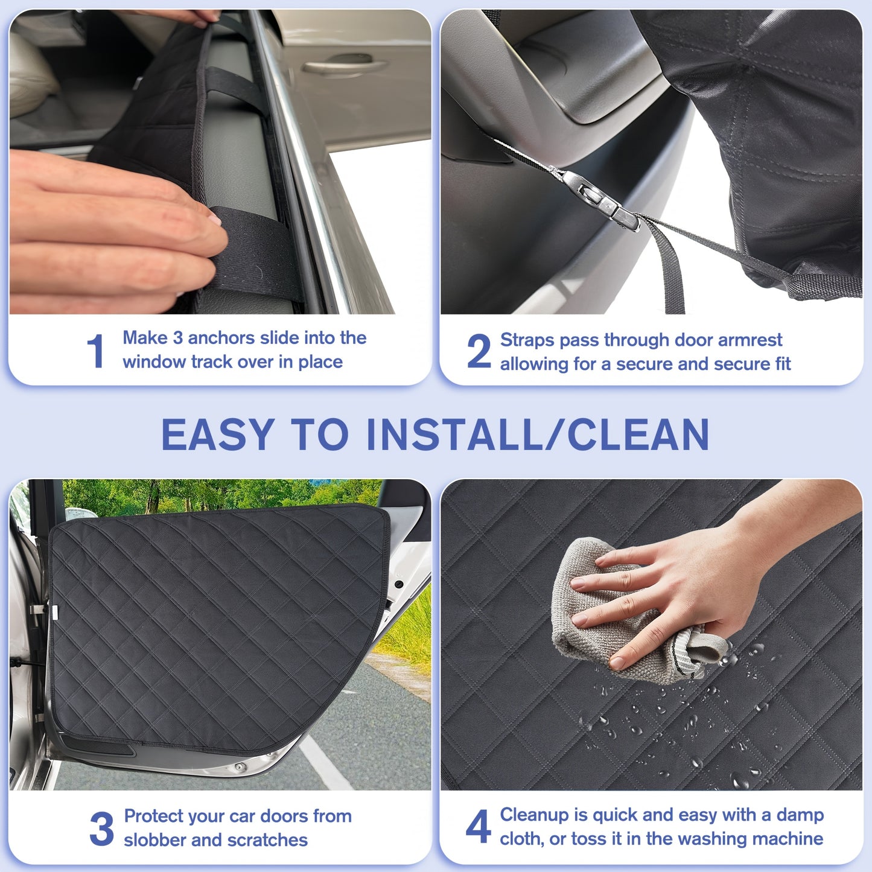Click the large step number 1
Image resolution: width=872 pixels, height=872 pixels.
point(95,351)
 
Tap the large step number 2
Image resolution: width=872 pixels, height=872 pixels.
point(479,351)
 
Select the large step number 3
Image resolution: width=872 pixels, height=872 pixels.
point(101,829)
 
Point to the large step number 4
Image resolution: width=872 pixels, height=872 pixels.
point(479,827)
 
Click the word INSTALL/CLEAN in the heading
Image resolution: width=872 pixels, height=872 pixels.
point(538,434)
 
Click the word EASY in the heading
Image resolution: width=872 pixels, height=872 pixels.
point(218,434)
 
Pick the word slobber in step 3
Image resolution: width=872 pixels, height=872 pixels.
point(154,840)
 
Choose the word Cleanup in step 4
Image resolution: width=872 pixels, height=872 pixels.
point(535,815)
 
